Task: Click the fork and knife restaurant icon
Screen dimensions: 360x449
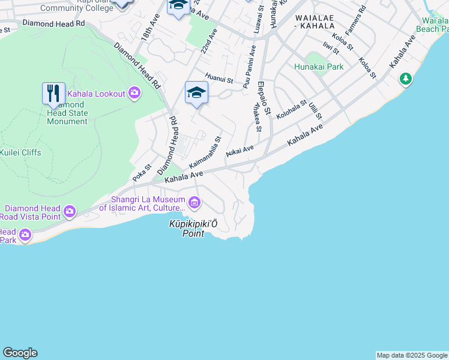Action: pyautogui.click(x=54, y=94)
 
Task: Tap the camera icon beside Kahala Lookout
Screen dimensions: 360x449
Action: pyautogui.click(x=134, y=93)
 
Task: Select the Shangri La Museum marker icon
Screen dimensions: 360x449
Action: pyautogui.click(x=194, y=203)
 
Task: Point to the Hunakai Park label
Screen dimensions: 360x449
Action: pyautogui.click(x=319, y=67)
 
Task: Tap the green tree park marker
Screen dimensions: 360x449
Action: pyautogui.click(x=406, y=79)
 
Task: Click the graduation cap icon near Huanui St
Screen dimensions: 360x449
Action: pyautogui.click(x=196, y=93)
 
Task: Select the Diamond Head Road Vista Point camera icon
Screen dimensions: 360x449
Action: pyautogui.click(x=70, y=211)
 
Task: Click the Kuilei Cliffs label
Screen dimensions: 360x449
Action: pyautogui.click(x=21, y=152)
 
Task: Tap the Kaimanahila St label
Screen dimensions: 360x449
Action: pyautogui.click(x=205, y=152)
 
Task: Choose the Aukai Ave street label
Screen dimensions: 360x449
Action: pyautogui.click(x=240, y=151)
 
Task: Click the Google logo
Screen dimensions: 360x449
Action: pyautogui.click(x=20, y=353)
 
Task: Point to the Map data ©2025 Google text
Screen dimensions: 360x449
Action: pyautogui.click(x=412, y=355)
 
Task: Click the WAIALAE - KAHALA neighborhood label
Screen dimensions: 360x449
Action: pyautogui.click(x=315, y=22)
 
